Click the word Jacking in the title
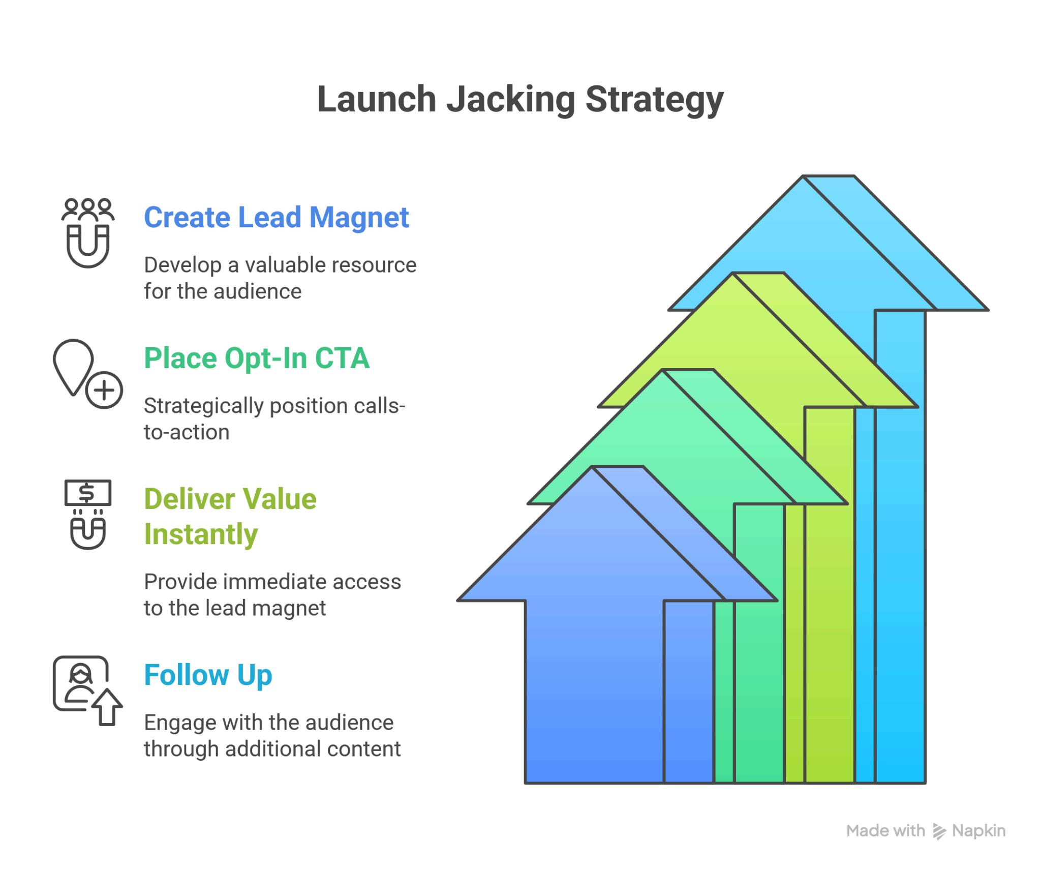click(x=511, y=99)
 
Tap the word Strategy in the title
click(x=654, y=99)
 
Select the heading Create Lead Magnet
click(x=276, y=218)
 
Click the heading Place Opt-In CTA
click(x=257, y=358)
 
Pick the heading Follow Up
click(x=208, y=675)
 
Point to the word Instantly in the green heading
click(x=201, y=534)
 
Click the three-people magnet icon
click(x=88, y=232)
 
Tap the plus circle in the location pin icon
click(x=104, y=391)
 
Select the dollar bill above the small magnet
click(x=88, y=493)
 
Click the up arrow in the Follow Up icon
click(x=107, y=707)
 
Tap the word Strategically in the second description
click(x=204, y=406)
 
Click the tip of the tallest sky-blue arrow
click(x=829, y=178)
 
